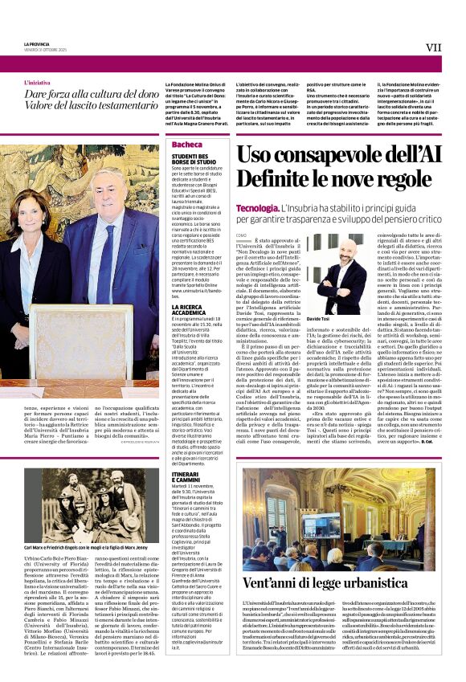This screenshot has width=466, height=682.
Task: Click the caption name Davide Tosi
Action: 319,319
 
